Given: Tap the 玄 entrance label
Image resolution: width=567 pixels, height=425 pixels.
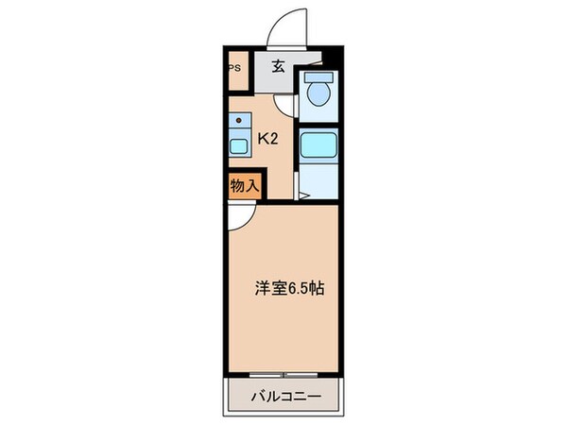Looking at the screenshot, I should (x=280, y=66).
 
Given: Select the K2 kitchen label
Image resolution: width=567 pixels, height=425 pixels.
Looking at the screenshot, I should (x=267, y=139).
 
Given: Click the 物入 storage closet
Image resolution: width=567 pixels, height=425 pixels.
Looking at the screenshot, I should (x=244, y=186).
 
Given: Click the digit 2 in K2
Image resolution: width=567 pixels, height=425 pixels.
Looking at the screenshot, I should (x=273, y=139).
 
